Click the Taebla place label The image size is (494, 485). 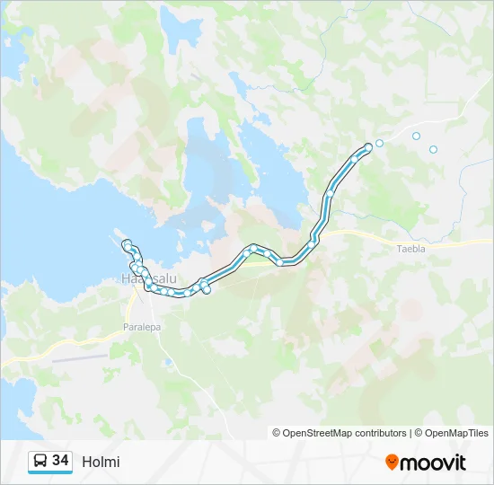410,250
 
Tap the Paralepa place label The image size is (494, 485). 142,327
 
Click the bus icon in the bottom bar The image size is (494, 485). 40,461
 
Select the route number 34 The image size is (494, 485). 60,461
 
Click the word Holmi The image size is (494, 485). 101,463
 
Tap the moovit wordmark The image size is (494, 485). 433,463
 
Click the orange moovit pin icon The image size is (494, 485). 392,463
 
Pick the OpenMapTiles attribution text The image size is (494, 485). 456,433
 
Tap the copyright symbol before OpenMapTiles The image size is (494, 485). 419,433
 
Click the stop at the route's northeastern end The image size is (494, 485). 367,147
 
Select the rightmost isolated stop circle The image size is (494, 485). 433,149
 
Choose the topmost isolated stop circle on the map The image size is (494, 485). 416,136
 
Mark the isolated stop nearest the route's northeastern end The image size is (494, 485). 380,143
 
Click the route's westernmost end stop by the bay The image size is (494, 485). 128,244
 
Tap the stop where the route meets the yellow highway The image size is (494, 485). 312,243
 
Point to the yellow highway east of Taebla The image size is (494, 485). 458,242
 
